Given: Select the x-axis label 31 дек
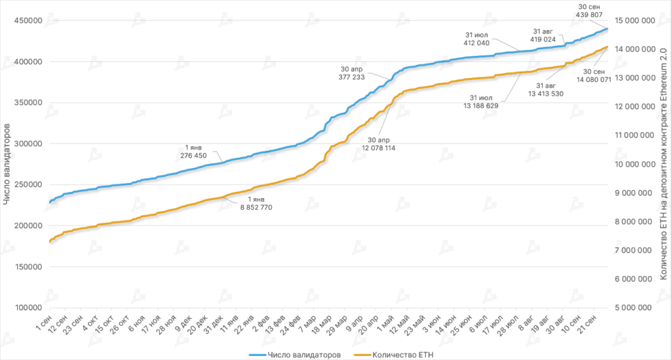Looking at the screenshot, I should click(x=214, y=325).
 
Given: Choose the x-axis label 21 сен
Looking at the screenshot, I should click(x=586, y=325).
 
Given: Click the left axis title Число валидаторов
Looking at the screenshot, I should click(x=7, y=164).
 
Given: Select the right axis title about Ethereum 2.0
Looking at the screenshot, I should click(x=663, y=164).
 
